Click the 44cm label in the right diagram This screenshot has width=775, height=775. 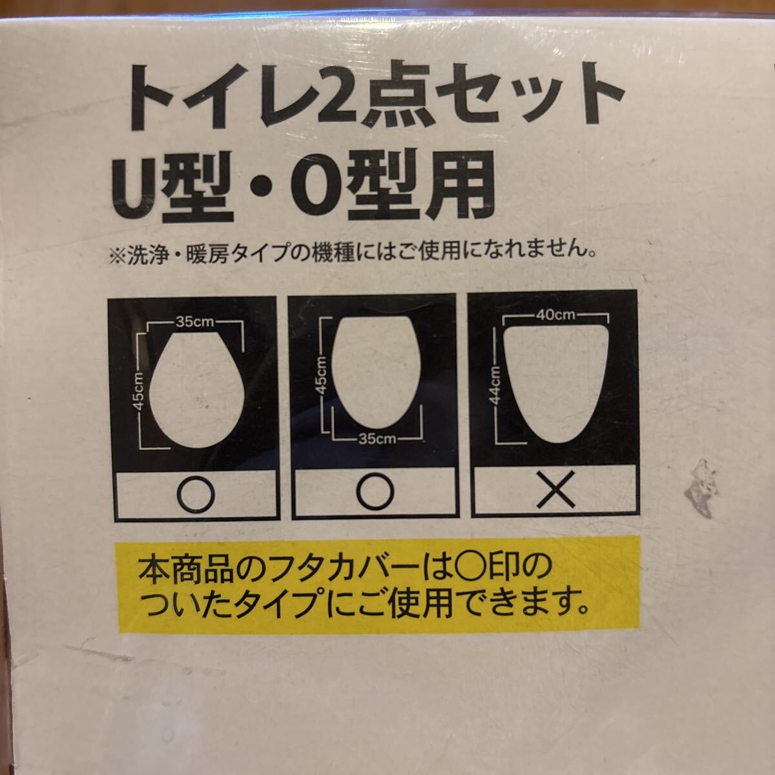(497, 386)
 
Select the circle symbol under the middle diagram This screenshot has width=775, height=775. (375, 494)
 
